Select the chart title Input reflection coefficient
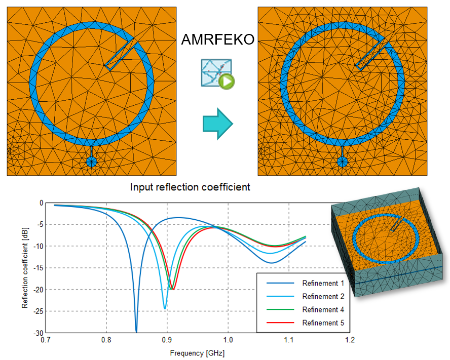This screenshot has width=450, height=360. pos(190,187)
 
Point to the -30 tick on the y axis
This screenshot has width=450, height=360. pos(39,333)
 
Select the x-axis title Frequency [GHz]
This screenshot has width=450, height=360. pos(197,352)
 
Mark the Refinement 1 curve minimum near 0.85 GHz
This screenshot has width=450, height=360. pos(136,330)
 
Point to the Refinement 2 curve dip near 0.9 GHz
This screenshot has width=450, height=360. pos(165,308)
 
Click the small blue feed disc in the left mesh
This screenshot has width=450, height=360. pos(92,162)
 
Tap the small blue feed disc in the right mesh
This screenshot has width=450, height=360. pos(343,162)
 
